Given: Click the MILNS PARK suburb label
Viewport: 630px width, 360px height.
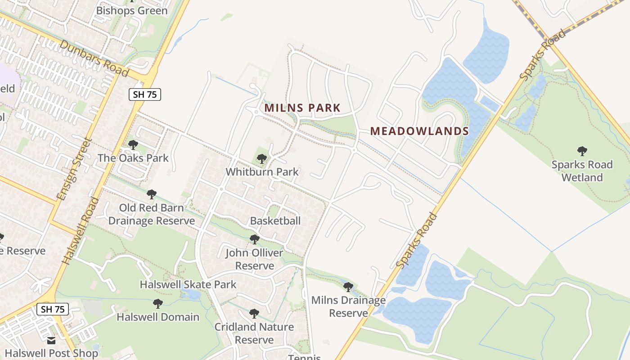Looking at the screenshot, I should pos(302,108).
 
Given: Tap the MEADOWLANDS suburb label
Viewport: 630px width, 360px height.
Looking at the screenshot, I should pos(419,131).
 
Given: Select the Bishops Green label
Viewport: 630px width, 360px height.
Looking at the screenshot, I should pos(132,10).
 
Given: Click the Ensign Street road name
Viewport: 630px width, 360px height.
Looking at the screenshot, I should pos(74,169).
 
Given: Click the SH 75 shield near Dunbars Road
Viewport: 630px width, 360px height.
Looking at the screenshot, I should pos(144,94).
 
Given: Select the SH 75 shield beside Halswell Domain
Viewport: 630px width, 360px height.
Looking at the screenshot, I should pos(52,309).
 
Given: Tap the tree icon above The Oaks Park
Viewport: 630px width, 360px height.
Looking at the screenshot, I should pos(133,145).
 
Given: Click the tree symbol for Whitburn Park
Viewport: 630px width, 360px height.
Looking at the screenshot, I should pos(261,159).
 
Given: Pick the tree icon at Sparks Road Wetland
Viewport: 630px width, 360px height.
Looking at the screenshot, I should pos(582,151).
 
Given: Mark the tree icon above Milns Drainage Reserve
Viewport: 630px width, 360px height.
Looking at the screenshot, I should pos(348,287).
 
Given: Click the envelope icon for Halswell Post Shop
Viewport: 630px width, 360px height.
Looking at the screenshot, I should pos(51,341).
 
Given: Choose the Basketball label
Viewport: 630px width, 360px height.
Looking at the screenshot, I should pos(275,221).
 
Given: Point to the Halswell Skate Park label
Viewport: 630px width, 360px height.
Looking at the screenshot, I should pos(188,284).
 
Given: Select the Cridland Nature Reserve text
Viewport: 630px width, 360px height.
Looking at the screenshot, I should pos(254,333).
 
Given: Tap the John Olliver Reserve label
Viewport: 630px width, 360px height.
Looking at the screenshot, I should pos(254,259).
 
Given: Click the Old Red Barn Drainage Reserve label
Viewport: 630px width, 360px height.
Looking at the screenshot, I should pos(151,214).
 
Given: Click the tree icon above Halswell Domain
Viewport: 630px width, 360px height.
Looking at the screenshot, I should pos(157,304).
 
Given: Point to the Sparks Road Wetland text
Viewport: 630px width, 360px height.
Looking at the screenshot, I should pos(582,171).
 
